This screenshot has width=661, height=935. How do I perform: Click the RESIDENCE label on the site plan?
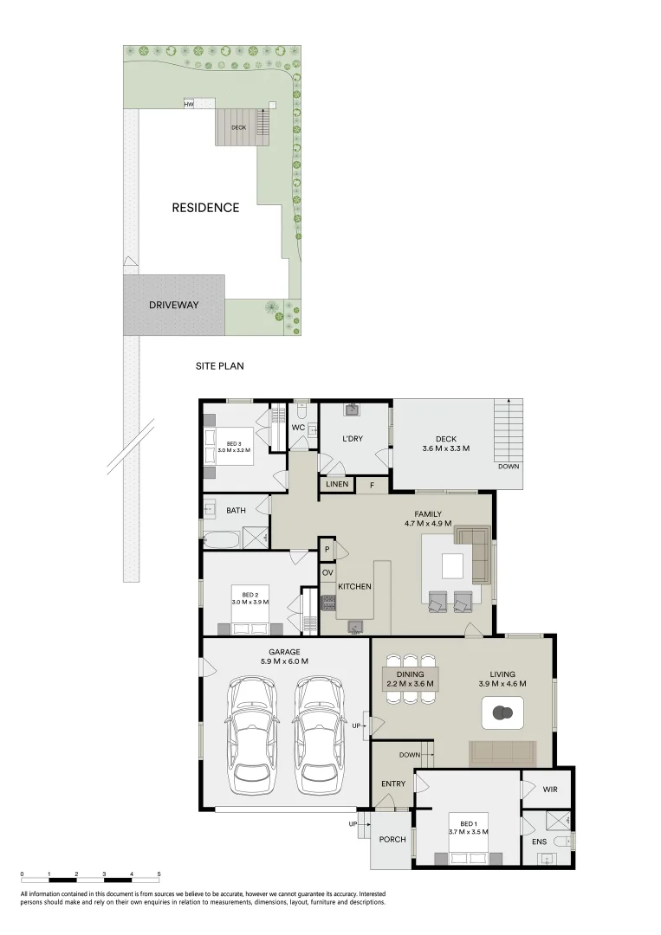tap(205, 208)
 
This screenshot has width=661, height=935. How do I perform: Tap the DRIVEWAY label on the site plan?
tap(173, 305)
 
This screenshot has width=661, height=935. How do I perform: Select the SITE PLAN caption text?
tap(219, 366)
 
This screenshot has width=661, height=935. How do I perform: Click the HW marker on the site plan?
tap(188, 105)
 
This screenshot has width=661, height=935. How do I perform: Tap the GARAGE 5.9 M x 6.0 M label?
tap(284, 655)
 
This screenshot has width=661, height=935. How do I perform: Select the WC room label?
tap(297, 428)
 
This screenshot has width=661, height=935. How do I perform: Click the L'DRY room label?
tap(353, 439)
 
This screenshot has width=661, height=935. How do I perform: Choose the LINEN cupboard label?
tap(338, 484)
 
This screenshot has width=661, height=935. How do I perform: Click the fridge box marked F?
tap(373, 485)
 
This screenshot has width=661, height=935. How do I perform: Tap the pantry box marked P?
tap(327, 550)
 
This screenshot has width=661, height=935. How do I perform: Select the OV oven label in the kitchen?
tap(327, 573)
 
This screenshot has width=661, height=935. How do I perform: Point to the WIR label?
tap(549, 790)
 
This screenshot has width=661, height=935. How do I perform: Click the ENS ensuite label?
tap(538, 841)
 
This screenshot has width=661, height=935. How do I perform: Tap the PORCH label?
tap(392, 839)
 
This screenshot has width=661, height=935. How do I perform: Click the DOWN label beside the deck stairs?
tap(509, 466)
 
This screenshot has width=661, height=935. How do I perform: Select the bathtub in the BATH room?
tap(221, 539)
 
